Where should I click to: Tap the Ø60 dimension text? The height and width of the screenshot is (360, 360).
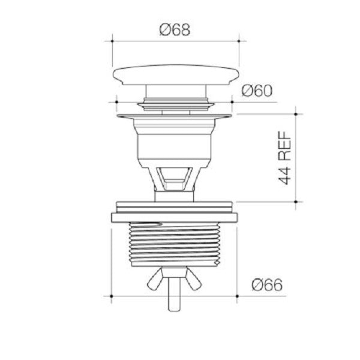[257, 91]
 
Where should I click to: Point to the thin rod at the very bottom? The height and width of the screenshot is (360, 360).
[176, 300]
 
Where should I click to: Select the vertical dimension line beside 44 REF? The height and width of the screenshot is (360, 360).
[296, 156]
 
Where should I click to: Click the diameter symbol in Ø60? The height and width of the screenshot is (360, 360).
[247, 91]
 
